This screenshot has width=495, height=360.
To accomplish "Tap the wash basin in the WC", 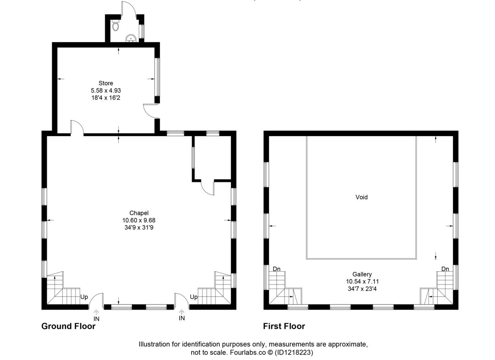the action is point(131,38).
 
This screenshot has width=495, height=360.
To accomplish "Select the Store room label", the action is point(106,83).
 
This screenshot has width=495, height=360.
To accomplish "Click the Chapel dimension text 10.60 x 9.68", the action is point(139,220).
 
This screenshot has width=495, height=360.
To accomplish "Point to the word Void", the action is point(362,197).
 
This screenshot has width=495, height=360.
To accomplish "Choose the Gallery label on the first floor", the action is point(362,274).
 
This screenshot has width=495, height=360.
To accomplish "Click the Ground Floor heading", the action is point(68,326).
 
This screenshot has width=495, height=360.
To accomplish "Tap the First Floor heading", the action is point(284,326).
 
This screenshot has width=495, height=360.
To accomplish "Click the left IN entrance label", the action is point(96,319).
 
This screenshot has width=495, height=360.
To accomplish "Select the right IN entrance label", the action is point(181,318).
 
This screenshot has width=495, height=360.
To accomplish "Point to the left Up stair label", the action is point(84,297).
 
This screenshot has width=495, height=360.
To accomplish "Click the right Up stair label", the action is point(193,297).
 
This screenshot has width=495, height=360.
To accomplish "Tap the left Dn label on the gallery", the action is point(276,269).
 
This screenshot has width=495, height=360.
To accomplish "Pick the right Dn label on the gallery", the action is point(445,269).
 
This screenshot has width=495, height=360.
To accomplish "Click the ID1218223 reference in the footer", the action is point(294,352).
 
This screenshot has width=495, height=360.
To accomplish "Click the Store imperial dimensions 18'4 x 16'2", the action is point(106,98).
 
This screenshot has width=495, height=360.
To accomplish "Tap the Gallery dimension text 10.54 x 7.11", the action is point(363,281).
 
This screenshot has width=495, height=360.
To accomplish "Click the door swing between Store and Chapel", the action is point(77,128).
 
